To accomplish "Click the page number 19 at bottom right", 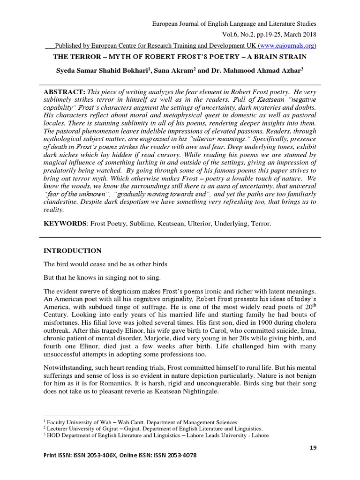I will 313,448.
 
